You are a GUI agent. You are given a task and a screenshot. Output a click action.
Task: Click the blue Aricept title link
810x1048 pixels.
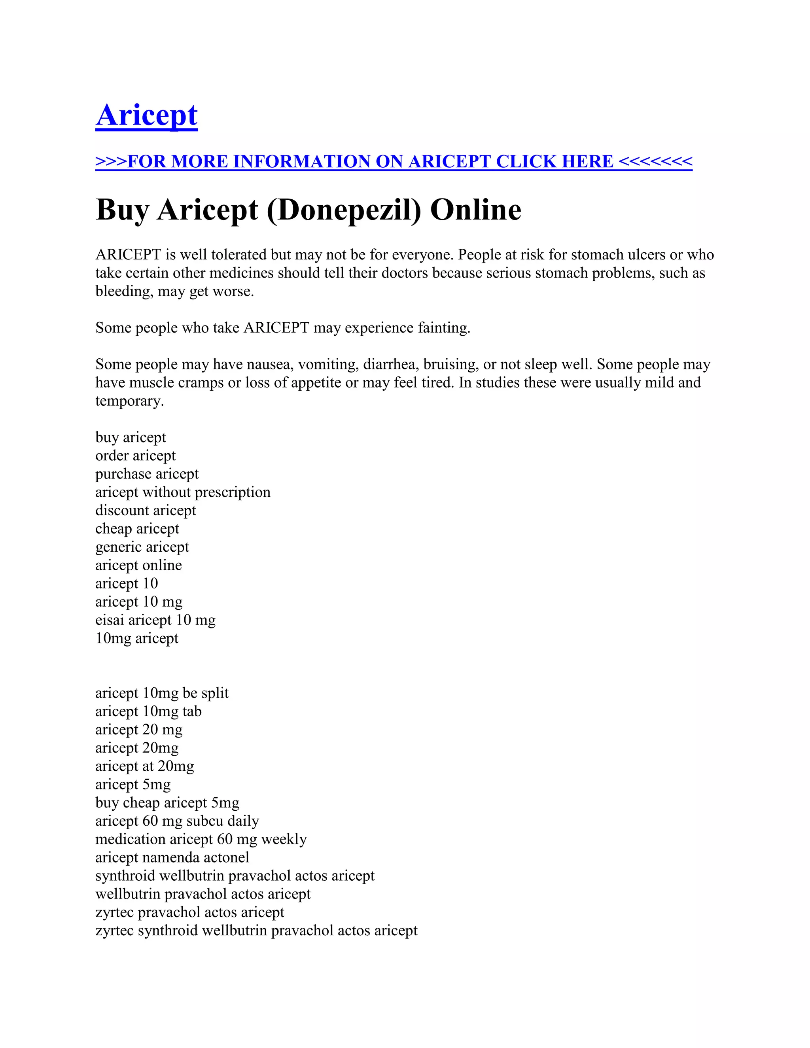click(x=146, y=115)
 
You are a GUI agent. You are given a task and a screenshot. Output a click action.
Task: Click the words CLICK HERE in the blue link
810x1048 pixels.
click(x=554, y=162)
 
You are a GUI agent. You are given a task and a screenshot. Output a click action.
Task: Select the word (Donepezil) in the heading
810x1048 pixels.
click(x=344, y=210)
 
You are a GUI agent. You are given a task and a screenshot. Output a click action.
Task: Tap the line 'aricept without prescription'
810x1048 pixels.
click(x=183, y=492)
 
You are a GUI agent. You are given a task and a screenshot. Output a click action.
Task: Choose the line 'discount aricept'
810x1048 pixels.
click(x=146, y=510)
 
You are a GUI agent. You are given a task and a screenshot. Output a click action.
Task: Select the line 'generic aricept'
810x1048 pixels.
click(x=142, y=547)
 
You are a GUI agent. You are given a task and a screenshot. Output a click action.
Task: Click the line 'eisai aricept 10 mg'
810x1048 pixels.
click(x=155, y=620)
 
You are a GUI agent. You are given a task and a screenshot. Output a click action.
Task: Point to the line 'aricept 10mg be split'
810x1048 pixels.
click(x=162, y=693)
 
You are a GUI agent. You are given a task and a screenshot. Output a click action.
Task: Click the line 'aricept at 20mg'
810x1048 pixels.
click(x=144, y=766)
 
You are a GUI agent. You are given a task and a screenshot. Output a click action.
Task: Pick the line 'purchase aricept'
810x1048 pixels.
click(x=147, y=474)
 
